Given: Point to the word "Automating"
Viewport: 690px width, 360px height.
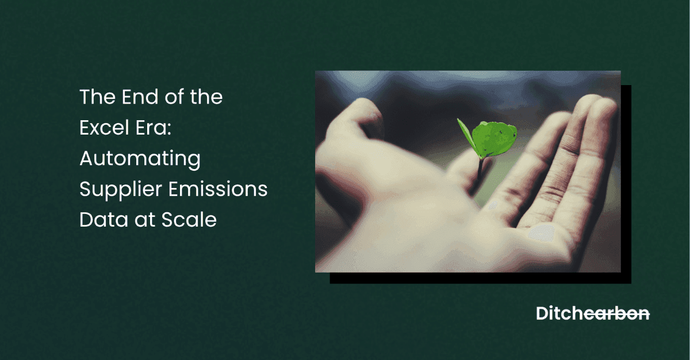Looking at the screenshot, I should [140, 159].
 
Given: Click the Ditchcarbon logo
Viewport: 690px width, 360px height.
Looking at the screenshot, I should [593, 313].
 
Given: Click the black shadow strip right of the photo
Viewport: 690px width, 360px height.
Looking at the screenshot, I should [626, 184].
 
